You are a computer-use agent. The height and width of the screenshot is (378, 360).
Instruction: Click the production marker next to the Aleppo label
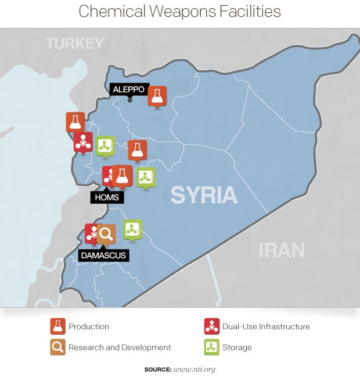coord(157,96)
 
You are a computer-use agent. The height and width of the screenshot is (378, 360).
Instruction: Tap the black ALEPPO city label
coord(128,89)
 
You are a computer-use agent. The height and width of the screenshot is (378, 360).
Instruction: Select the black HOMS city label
coord(106,197)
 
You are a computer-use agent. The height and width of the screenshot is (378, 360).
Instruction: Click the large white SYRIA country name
coord(204,195)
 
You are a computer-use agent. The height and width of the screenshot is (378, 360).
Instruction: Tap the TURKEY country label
coord(75,44)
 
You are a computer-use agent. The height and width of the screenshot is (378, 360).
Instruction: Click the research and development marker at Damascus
coord(106,233)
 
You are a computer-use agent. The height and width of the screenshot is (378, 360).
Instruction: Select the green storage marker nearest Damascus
coord(132,229)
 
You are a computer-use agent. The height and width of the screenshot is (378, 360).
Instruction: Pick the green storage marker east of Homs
coord(145,177)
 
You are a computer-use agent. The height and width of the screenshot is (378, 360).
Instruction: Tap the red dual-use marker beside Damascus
coord(92,233)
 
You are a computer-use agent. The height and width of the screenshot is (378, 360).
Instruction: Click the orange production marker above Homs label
coord(121,175)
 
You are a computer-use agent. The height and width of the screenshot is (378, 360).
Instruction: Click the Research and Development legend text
coord(120,347)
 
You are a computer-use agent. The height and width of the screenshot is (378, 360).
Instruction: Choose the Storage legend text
coord(237,347)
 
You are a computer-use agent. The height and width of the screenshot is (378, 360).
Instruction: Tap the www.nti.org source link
coord(195,369)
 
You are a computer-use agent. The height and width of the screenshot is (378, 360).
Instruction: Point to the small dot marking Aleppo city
coord(129,99)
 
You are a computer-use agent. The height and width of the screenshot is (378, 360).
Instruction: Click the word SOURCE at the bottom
coord(157,369)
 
